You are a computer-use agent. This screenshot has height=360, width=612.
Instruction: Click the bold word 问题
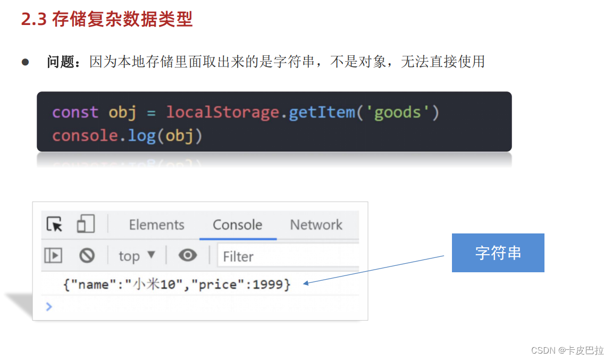(x=60, y=62)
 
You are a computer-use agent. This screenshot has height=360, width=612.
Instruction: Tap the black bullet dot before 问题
(x=24, y=62)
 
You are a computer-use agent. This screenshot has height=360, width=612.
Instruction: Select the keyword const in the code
(x=75, y=112)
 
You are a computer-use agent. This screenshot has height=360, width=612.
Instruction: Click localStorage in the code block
(x=222, y=112)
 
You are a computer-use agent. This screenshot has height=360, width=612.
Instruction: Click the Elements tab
(x=156, y=225)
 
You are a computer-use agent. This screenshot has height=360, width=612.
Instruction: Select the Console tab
(x=237, y=225)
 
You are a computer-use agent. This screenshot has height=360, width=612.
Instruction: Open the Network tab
(x=316, y=225)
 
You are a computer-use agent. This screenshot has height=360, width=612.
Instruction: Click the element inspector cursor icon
(x=54, y=224)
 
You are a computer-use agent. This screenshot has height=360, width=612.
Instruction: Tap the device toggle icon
(x=85, y=224)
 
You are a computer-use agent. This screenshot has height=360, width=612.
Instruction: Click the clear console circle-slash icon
(x=87, y=256)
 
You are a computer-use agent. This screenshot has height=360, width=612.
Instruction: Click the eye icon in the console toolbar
(x=187, y=256)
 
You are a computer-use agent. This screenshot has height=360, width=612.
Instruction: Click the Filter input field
(x=287, y=256)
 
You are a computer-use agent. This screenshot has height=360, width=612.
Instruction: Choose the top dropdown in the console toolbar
(x=137, y=256)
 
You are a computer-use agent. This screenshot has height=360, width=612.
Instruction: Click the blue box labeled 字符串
(x=498, y=253)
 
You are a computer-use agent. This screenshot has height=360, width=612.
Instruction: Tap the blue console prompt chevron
(x=49, y=306)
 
